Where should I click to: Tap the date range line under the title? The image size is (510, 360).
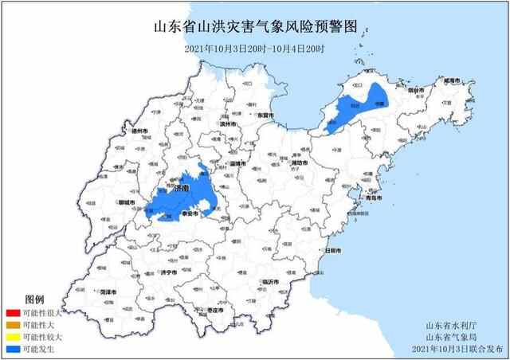[x=254, y=49]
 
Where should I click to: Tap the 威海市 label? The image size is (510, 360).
[x=451, y=81]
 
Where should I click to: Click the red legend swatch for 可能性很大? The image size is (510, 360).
[x=12, y=315]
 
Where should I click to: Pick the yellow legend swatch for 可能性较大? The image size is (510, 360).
[x=12, y=337]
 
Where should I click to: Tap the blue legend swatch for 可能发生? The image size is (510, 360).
[x=12, y=348]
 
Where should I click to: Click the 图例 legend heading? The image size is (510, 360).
[x=34, y=299]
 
